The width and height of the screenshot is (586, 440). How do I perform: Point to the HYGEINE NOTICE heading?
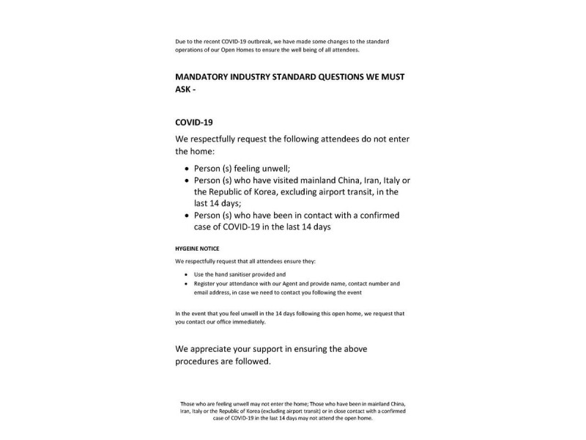(x=197, y=248)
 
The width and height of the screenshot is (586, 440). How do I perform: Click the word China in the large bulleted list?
(x=338, y=180)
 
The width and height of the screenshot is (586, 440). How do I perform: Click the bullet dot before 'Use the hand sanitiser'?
(x=186, y=274)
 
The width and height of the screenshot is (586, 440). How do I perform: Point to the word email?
(x=201, y=291)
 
